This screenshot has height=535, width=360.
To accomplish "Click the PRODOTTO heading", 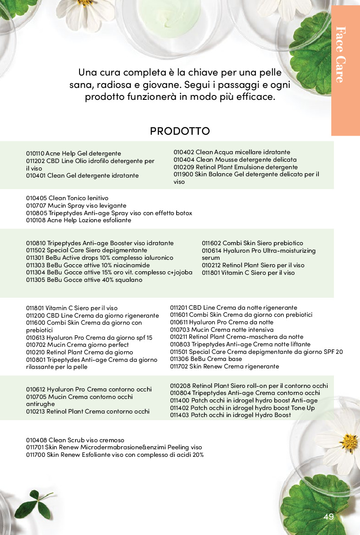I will point(180,131).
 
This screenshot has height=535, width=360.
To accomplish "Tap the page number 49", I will point(328,517).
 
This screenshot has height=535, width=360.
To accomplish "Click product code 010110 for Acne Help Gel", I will point(35,153).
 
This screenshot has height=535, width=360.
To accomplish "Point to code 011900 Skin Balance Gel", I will point(183,175).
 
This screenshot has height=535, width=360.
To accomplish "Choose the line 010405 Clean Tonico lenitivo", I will point(67,198).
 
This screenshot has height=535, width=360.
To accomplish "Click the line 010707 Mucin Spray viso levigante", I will point(76,205).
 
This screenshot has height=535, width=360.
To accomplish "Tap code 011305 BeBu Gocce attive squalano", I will point(35,280).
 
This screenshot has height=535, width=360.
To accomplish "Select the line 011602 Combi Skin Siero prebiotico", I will point(252,243).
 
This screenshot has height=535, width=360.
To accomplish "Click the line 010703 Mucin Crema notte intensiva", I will point(222,330).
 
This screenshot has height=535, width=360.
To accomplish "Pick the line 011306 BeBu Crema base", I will point(206,359).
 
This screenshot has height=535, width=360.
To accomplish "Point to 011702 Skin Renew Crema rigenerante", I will point(224,366).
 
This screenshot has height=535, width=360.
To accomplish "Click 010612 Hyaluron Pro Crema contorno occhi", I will point(88,389).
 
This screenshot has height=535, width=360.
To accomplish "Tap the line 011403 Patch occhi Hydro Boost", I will point(230,415).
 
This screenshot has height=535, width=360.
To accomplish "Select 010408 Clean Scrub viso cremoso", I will point(75,440).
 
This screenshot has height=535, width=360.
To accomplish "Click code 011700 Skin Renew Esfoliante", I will point(35,455).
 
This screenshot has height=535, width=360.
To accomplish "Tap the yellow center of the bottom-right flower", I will point(349,442).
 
